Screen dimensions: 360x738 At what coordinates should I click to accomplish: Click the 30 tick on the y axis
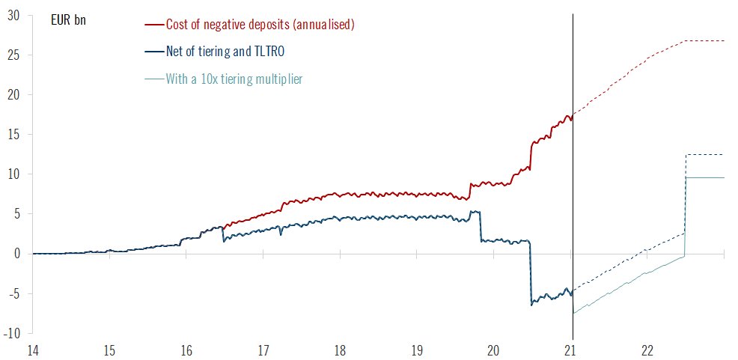pyautogui.click(x=13, y=16)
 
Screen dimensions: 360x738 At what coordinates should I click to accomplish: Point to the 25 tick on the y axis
pyautogui.click(x=13, y=55)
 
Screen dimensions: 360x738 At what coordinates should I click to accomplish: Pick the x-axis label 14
pyautogui.click(x=32, y=350)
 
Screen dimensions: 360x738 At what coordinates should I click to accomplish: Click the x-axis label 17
pyautogui.click(x=263, y=350)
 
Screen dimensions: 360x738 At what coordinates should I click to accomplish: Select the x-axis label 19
pyautogui.click(x=417, y=350)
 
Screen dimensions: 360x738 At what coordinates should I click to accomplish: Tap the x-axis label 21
pyautogui.click(x=572, y=350)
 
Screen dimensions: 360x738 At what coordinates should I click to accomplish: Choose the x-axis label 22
pyautogui.click(x=648, y=350)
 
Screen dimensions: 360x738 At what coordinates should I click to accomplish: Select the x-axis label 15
pyautogui.click(x=109, y=350)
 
